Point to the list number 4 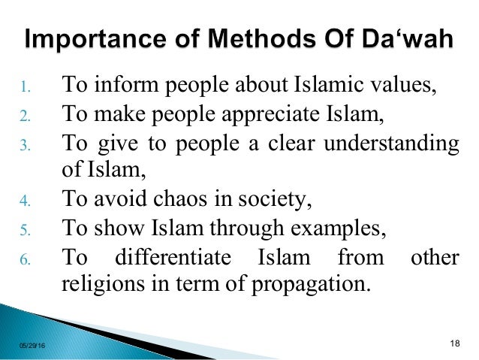25,201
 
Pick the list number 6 25,259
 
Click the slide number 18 453,343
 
